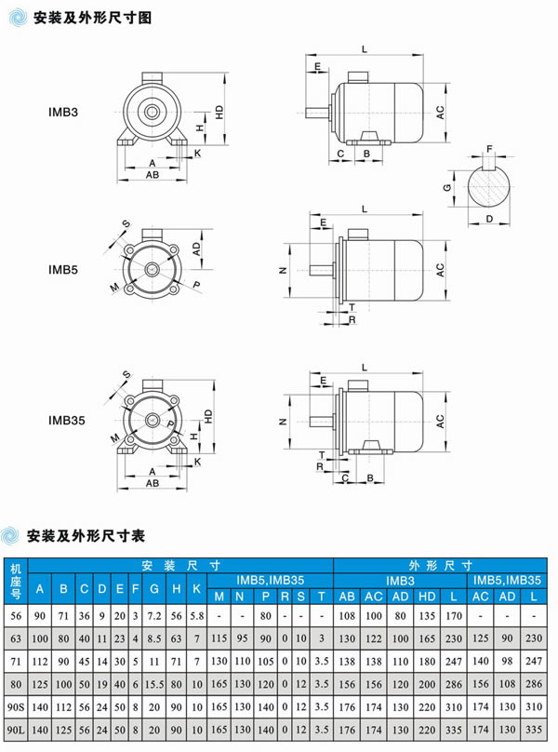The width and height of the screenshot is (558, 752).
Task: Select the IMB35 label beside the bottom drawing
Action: coord(66,420)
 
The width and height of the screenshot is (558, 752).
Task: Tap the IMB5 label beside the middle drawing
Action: coord(63,269)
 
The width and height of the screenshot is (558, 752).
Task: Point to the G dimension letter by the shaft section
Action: coord(448,187)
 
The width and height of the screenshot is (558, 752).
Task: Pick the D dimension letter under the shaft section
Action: coord(489,220)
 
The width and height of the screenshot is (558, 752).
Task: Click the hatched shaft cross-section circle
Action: coord(489,186)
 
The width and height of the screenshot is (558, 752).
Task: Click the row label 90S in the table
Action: coord(15,708)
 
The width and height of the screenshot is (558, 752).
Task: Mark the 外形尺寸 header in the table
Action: coord(443,565)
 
